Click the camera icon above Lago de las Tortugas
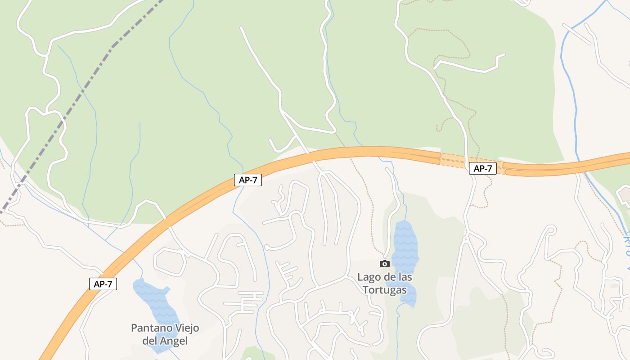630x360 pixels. [x=384, y=264]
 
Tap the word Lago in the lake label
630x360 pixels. [x=368, y=277]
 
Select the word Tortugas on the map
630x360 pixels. [x=385, y=290]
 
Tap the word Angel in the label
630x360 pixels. [x=173, y=341]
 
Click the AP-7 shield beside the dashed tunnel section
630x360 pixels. [x=482, y=169]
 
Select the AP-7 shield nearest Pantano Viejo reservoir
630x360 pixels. [x=103, y=284]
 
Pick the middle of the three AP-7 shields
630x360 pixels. [x=247, y=180]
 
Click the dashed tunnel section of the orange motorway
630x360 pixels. [x=454, y=160]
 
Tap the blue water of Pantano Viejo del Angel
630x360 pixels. [x=155, y=299]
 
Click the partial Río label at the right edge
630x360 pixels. [x=626, y=252]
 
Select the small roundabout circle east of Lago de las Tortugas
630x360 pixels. [x=466, y=240]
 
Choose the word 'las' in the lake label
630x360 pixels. [x=404, y=277]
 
